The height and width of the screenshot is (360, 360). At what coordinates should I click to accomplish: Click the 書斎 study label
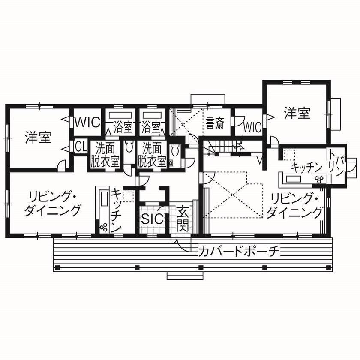click(x=214, y=123)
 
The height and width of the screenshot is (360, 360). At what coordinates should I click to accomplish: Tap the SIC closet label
click(x=152, y=219)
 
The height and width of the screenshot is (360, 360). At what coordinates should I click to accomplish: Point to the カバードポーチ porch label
click(x=239, y=251)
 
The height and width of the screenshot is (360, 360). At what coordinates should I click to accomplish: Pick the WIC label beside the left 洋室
click(x=87, y=122)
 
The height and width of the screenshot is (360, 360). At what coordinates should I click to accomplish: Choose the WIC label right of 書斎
click(x=252, y=127)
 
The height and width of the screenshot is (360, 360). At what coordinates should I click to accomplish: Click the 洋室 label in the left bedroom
click(x=38, y=138)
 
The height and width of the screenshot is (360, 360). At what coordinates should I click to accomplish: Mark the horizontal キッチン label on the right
click(x=306, y=167)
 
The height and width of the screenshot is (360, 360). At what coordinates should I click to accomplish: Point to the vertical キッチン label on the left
click(x=117, y=210)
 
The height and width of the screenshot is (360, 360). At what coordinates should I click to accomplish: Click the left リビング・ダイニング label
click(x=52, y=204)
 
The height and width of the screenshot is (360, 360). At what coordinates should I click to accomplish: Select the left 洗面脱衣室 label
click(x=105, y=155)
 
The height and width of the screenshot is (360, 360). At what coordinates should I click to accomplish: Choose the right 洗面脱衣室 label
click(x=152, y=155)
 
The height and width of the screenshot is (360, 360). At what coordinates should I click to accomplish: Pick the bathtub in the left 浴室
click(x=120, y=115)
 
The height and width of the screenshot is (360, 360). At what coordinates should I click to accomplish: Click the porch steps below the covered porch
click(x=185, y=275)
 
